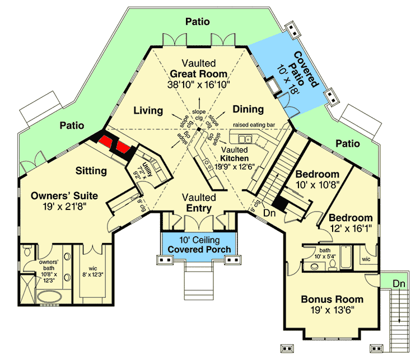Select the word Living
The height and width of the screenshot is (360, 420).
point(148,110)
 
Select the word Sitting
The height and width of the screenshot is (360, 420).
point(91,171)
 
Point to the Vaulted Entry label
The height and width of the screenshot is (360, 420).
point(199,203)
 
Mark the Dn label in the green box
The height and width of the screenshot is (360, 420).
point(399,284)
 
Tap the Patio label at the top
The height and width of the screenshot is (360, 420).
point(198,22)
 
